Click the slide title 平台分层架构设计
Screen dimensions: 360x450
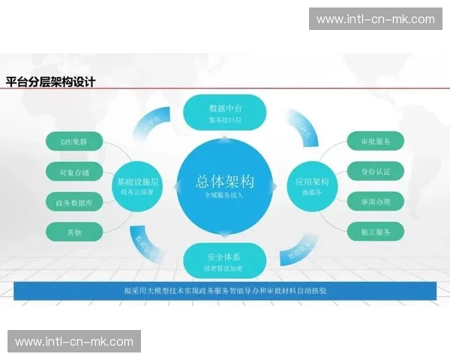point(51,82)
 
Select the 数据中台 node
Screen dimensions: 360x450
point(225,112)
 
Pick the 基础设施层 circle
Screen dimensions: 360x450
point(137,184)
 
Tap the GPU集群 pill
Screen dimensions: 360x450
point(73,141)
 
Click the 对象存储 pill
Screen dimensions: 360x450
point(73,172)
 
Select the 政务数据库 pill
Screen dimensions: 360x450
point(73,202)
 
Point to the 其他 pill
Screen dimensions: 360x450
point(73,232)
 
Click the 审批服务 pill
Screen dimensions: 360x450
point(376,141)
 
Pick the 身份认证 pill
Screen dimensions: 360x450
point(376,172)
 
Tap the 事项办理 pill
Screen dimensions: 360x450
point(376,202)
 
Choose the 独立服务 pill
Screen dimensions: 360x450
point(376,232)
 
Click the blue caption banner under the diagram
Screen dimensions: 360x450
point(225,290)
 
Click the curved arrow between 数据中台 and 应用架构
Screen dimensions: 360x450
point(301,127)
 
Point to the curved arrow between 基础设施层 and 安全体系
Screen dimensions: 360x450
point(150,241)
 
